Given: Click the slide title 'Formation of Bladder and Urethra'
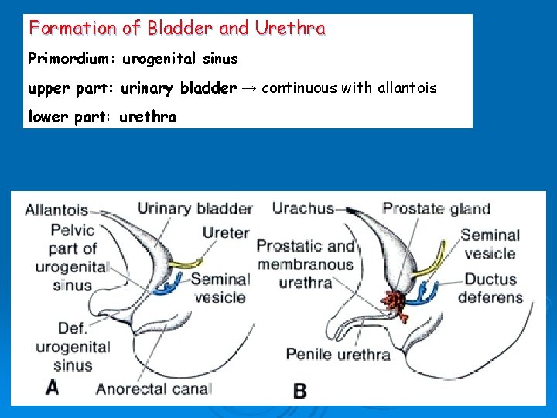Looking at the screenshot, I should [177, 29].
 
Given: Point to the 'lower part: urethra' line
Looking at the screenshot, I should [102, 117].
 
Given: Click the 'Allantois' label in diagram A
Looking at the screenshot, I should [56, 210].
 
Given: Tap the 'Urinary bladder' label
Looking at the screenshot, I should [195, 208].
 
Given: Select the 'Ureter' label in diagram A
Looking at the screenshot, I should [226, 232].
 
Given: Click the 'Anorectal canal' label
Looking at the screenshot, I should [153, 389].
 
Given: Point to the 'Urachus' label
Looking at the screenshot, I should [302, 208].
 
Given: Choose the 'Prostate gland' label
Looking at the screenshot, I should [436, 208].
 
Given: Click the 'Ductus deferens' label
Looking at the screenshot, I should [490, 288].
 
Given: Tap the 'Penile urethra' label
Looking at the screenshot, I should [338, 355].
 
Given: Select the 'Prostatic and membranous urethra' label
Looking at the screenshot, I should [306, 264].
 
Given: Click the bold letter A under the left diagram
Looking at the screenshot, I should [52, 386].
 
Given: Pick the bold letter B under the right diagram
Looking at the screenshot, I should [299, 390].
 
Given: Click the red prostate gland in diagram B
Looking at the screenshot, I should [395, 303].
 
